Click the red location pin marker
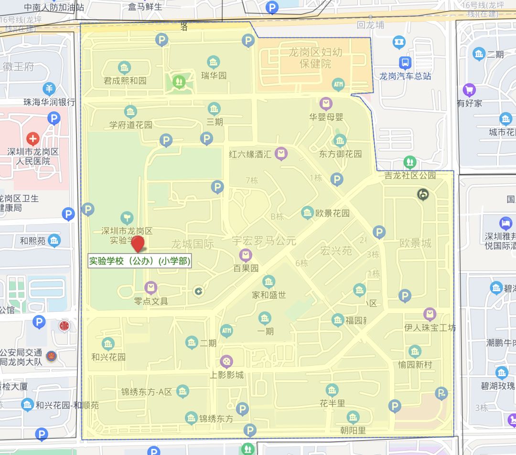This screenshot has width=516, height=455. [x=138, y=243]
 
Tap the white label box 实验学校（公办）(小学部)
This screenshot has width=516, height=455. [x=140, y=261]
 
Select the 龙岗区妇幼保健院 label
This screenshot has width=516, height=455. [x=315, y=58]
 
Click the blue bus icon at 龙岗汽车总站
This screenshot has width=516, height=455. [x=405, y=62]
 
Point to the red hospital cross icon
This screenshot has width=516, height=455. [x=33, y=139]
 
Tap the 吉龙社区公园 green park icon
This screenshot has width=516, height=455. [x=409, y=161]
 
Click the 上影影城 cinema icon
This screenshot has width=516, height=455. [x=226, y=361]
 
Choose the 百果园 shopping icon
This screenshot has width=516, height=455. [x=246, y=255]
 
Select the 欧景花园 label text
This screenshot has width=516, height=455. [x=333, y=213]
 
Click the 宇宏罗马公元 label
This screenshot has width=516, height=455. [x=264, y=241]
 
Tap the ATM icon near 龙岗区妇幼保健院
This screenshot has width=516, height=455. [x=338, y=85]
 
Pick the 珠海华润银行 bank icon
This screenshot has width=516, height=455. [x=49, y=89]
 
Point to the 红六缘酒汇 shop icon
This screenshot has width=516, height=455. [x=282, y=153]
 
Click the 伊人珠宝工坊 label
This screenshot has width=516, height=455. [x=430, y=328]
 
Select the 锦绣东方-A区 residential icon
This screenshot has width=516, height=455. [x=182, y=392]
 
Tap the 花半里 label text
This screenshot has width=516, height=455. [x=333, y=403]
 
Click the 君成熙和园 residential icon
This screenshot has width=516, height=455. [x=124, y=67]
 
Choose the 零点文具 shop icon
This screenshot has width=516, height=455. [x=151, y=288]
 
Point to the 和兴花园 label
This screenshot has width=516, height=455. [x=108, y=357]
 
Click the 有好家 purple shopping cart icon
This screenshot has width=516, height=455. [x=469, y=90]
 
